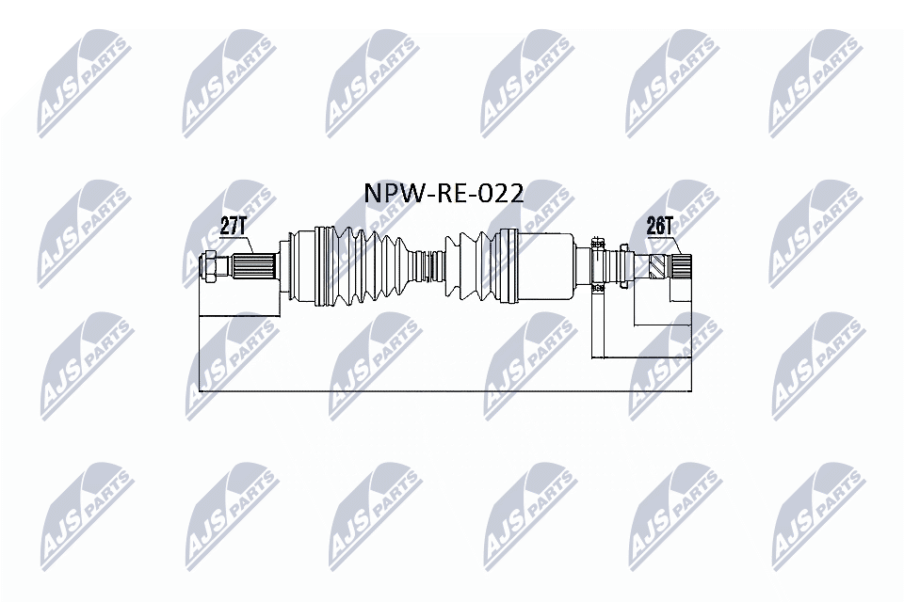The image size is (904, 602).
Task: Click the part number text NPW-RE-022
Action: click(x=444, y=193)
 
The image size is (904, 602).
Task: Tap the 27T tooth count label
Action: click(x=233, y=226)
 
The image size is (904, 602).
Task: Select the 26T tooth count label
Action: click(x=660, y=226)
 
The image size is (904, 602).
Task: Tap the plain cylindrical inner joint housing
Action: click(x=546, y=266)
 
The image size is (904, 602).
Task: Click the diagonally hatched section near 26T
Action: click(x=659, y=268)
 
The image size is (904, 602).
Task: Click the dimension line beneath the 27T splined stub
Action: click(x=240, y=317)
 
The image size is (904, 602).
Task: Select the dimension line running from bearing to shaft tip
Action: click(x=640, y=357)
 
